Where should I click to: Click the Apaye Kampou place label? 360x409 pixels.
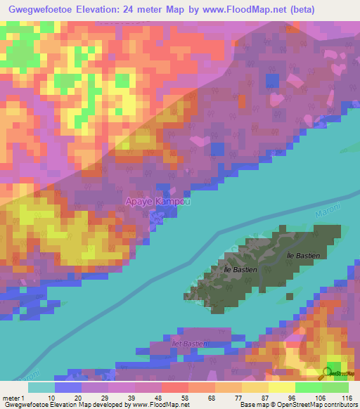coord(157,202)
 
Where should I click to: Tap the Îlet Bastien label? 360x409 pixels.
coord(191,343)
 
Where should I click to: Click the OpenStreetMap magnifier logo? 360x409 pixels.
coord(335,372)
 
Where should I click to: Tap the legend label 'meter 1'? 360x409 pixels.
coord(13,398)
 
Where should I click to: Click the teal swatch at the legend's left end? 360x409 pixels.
coord(41,387)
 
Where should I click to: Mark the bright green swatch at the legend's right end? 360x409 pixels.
coord(335,387)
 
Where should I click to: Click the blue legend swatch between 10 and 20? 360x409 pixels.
coord(68,387)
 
